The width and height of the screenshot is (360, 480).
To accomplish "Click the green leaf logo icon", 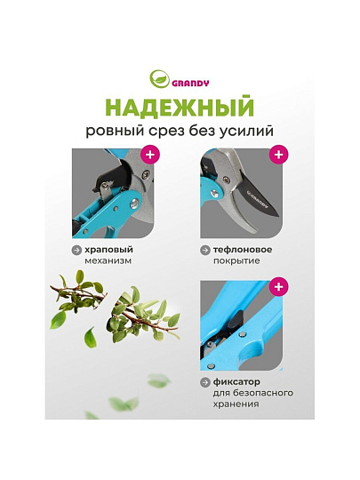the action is (x=159, y=79).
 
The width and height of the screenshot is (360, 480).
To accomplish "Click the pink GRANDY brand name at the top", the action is (x=190, y=83).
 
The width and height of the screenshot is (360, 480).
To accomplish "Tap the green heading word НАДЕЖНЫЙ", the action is (x=180, y=107).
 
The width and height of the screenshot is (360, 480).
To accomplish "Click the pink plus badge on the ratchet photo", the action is (x=150, y=155).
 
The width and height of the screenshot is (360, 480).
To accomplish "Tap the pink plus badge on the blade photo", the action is (x=278, y=155).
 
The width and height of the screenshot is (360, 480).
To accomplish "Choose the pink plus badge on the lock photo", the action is (x=278, y=287).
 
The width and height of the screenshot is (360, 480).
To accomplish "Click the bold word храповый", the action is (x=109, y=250).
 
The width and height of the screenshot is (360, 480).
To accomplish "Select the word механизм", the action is (x=108, y=261).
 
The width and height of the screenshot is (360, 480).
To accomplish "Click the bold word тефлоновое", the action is (x=243, y=250).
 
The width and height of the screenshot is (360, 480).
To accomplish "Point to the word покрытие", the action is (x=236, y=261).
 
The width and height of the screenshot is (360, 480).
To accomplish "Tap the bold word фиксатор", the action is (x=237, y=382).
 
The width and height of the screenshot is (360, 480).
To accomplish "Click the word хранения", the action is (x=236, y=404).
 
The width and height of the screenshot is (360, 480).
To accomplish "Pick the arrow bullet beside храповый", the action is (x=76, y=250).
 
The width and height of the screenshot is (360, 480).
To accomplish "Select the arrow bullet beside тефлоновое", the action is (x=205, y=250).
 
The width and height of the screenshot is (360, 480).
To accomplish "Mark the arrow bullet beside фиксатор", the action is (x=205, y=382).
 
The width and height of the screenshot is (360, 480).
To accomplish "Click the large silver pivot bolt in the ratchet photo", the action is (x=134, y=203).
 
